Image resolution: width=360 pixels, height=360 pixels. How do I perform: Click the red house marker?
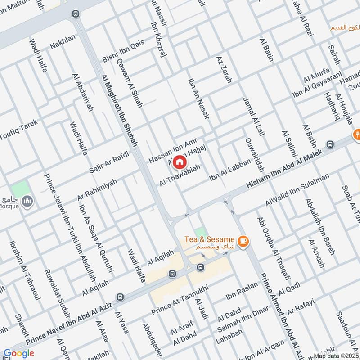(x=180, y=162)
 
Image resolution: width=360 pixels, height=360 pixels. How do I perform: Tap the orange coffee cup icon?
(x=243, y=242)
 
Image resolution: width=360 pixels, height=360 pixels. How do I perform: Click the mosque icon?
(x=28, y=201)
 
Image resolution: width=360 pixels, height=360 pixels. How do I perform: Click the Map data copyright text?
(x=336, y=355)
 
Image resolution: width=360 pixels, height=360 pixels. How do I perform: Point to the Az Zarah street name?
(x=224, y=70)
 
